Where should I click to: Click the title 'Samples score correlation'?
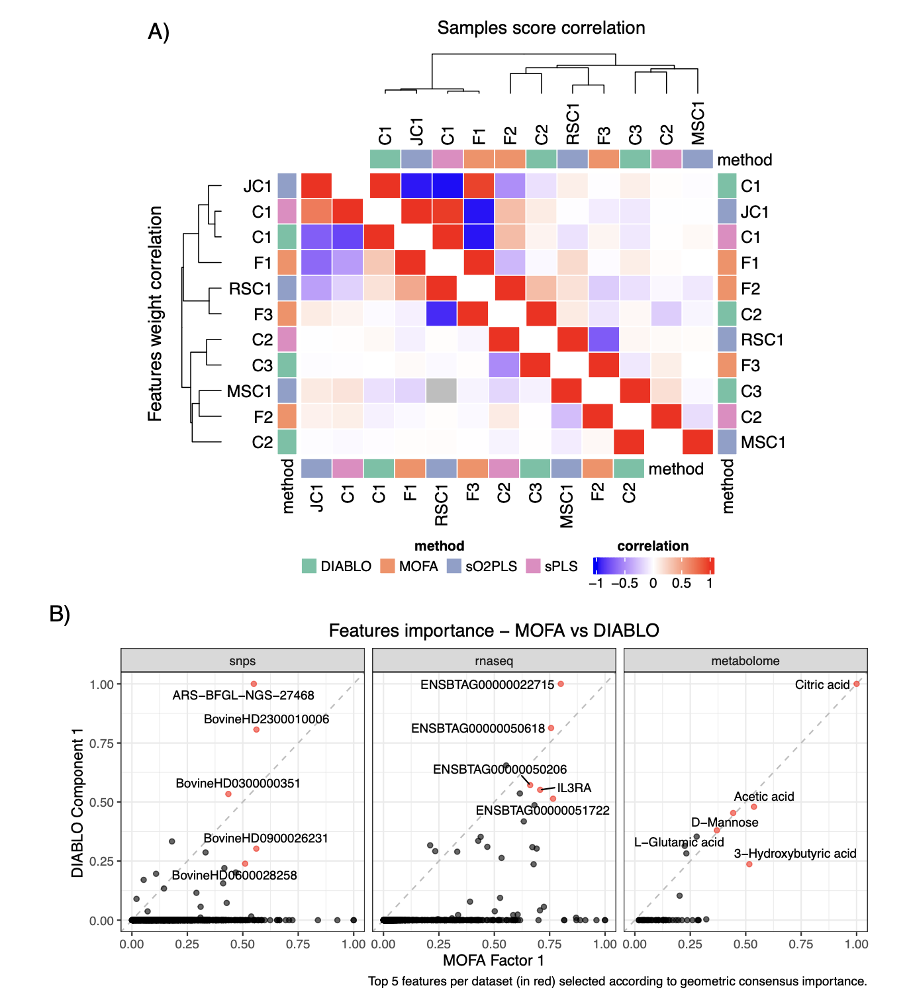[541, 28]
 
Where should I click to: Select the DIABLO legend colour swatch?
[309, 566]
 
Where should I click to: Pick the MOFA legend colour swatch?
[387, 566]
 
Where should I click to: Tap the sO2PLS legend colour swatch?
[454, 566]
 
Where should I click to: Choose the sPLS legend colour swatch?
[533, 566]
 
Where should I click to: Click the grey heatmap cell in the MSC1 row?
[442, 391]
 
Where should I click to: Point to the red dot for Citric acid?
[856, 684]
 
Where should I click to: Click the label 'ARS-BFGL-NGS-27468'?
[243, 696]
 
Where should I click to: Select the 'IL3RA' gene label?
[574, 788]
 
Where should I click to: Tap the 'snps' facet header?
[242, 661]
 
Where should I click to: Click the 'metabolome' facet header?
[745, 661]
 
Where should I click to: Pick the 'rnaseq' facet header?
[494, 661]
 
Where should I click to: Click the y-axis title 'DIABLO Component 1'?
[77, 803]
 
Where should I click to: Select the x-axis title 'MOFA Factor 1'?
[493, 961]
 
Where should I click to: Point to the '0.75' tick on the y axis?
[102, 743]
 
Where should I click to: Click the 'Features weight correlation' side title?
[155, 314]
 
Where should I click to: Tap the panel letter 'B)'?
[60, 614]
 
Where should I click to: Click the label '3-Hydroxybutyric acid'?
[795, 854]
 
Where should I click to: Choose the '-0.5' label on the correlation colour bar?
[624, 583]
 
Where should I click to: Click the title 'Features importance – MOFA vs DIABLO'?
[494, 630]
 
